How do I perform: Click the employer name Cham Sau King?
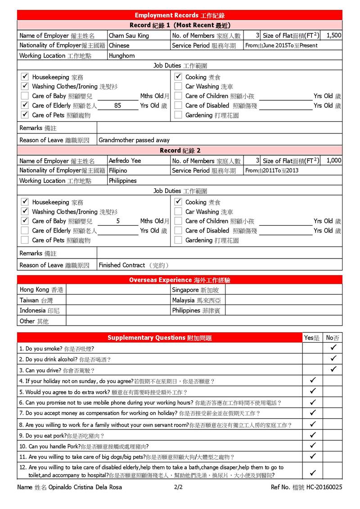point(129,36)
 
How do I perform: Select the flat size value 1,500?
point(333,35)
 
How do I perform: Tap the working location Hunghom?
point(122,56)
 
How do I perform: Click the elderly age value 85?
point(118,106)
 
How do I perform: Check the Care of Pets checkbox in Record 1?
point(25,115)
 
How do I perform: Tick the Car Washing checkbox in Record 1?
point(178,86)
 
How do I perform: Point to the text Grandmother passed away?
point(134,140)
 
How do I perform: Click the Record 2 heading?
point(180,151)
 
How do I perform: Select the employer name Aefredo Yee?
point(125,161)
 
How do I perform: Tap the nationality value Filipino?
point(118,171)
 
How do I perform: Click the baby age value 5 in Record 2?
point(118,221)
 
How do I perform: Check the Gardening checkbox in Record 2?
point(178,240)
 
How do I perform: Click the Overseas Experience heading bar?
point(180,280)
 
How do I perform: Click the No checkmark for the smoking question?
point(333,348)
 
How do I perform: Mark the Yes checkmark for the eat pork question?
point(313,435)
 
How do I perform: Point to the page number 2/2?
point(178,487)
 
